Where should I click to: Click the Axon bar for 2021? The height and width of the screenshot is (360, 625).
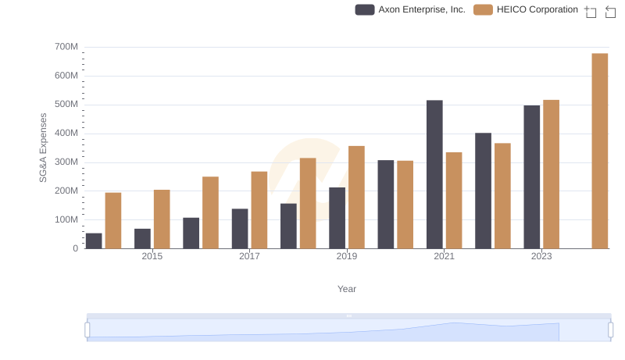tap(434, 174)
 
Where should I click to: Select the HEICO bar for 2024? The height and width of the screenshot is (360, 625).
tap(599, 151)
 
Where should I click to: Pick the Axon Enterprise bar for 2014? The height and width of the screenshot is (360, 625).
tap(94, 241)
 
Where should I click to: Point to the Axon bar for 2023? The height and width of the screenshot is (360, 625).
tap(532, 176)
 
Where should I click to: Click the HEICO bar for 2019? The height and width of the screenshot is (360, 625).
tap(356, 197)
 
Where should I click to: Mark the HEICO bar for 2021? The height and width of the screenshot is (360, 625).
tap(454, 200)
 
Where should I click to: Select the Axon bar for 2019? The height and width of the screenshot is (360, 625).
tap(337, 218)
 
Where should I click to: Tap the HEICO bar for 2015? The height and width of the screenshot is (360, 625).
tap(162, 219)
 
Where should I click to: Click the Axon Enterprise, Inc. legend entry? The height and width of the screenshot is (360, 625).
tap(410, 9)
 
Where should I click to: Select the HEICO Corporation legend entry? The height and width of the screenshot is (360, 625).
tap(526, 9)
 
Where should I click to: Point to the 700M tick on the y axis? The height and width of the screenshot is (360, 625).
tap(66, 47)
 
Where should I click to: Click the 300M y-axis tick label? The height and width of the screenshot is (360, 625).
tap(66, 162)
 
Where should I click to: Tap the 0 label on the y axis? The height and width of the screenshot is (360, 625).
tap(75, 248)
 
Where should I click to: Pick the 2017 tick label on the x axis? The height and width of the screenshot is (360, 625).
tap(249, 256)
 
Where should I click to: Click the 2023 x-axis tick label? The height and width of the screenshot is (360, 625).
tap(541, 256)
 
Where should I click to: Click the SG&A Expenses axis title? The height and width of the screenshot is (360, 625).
tap(44, 148)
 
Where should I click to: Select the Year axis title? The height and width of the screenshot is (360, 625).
tap(347, 289)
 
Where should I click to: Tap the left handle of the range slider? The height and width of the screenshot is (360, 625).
tap(87, 330)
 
